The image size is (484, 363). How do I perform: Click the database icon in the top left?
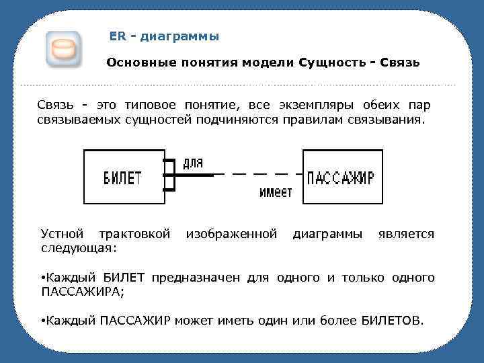point(63,48)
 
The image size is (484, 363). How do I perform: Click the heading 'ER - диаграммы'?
point(164,36)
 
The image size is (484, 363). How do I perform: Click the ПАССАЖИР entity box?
point(340,177)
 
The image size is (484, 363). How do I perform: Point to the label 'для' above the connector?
point(192,163)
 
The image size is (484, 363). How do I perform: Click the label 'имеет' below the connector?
point(276,192)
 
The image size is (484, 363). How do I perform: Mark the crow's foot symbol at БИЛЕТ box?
point(169,175)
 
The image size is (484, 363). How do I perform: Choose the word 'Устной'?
point(63,234)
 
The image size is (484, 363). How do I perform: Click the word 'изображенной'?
point(231,234)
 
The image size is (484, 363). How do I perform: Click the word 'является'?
point(406,234)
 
